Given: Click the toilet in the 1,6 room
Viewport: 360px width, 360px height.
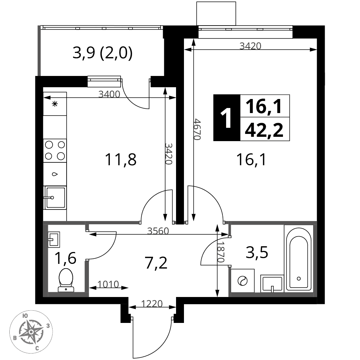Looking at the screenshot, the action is click(x=66, y=280).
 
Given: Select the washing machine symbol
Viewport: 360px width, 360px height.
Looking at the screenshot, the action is click(x=242, y=280).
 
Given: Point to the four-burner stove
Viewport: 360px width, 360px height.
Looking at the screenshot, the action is click(x=55, y=150).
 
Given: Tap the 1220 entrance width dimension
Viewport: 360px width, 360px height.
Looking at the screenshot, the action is click(x=152, y=304).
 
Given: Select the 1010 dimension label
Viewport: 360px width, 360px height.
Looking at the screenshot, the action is click(x=108, y=284).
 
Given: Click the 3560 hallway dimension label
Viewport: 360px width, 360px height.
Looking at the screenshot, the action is click(x=158, y=231).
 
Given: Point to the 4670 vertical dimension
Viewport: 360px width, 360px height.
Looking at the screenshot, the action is click(x=197, y=129).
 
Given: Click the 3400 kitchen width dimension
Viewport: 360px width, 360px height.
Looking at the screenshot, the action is click(x=109, y=94).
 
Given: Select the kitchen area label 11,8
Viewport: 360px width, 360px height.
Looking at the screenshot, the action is click(x=121, y=160).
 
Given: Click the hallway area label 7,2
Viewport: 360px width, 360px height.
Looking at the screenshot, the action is click(x=156, y=263).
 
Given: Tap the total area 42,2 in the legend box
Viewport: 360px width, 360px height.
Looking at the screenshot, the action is click(x=264, y=130).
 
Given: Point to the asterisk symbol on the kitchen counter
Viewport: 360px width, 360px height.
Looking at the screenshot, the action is click(x=55, y=104).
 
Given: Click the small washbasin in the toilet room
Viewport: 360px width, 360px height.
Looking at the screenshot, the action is click(x=54, y=239).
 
